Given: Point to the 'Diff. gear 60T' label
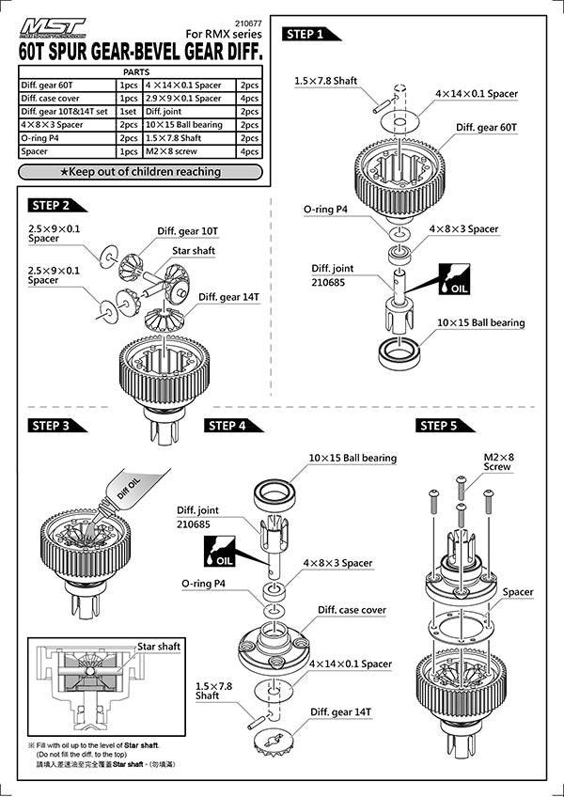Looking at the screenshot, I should [x=489, y=127].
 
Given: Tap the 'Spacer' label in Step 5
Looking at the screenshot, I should [x=517, y=592].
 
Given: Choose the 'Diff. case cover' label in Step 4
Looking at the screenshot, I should [x=352, y=610].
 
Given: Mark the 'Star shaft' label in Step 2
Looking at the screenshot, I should [x=194, y=252].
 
